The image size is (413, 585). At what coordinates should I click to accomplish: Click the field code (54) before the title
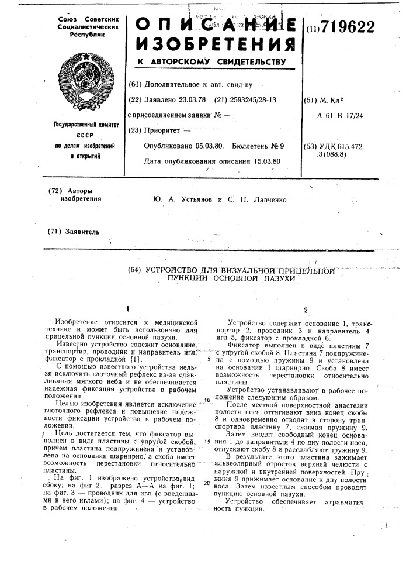coord(136,270)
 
